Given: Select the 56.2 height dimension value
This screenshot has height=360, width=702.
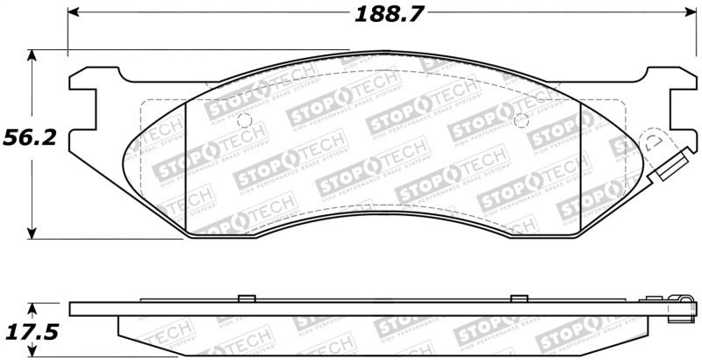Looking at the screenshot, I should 26,139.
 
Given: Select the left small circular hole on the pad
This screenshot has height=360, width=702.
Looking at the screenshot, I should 245,119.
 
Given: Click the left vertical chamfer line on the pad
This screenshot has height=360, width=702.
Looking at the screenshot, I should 188,167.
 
